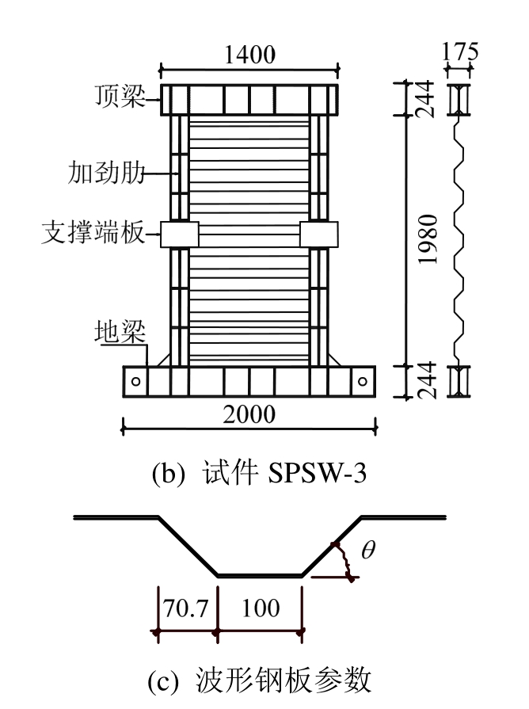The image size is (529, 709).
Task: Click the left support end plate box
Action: (179, 234)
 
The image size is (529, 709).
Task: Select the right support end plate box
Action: (319, 234)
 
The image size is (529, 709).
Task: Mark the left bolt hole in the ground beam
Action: (136, 381)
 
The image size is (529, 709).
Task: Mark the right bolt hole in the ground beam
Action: (362, 381)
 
